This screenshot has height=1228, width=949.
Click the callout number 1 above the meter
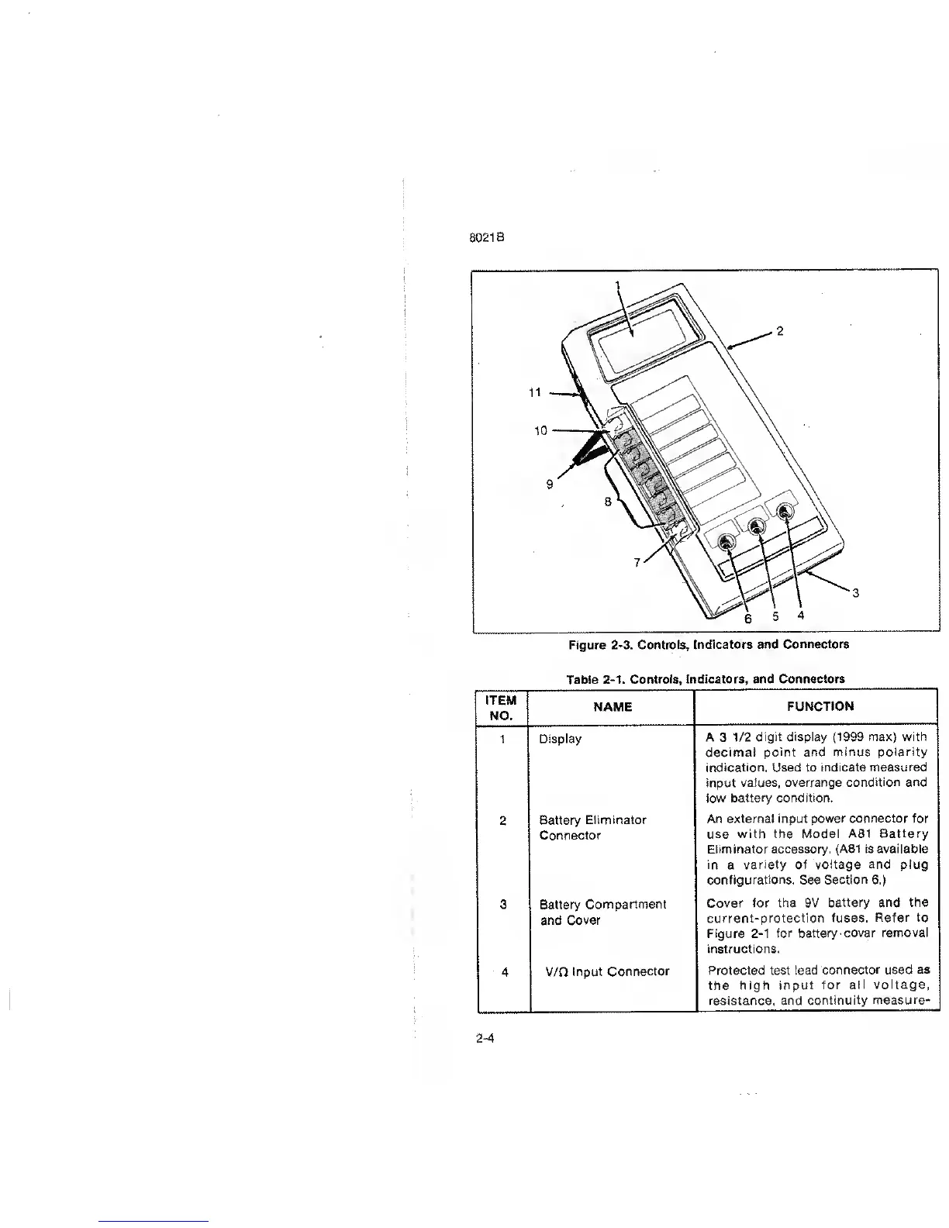(x=618, y=285)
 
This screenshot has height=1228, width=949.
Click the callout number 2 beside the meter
(x=780, y=331)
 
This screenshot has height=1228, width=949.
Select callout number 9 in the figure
(x=550, y=484)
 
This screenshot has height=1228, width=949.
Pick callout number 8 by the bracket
(x=609, y=502)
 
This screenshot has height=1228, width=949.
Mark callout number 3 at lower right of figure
(x=854, y=594)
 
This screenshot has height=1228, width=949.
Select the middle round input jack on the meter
(x=756, y=527)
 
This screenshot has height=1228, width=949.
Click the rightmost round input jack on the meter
(x=785, y=512)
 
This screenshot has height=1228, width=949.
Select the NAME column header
(x=613, y=706)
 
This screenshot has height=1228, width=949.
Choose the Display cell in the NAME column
(x=560, y=739)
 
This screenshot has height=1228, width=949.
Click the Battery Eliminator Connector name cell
(x=592, y=827)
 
